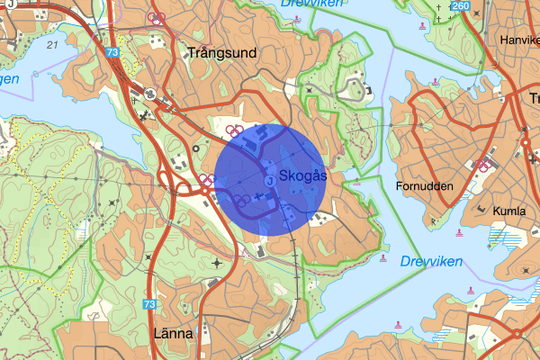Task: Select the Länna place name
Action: [x=174, y=334]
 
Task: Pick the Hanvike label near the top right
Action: [x=519, y=40]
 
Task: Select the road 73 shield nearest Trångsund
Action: [x=112, y=53]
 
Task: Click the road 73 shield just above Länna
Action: [x=149, y=306]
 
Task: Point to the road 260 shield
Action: [x=462, y=7]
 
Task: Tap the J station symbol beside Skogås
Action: [x=270, y=180]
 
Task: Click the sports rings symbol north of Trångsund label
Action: [x=157, y=19]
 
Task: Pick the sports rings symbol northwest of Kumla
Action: [x=484, y=166]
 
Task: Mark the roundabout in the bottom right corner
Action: [x=517, y=335]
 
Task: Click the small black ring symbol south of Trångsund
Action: [x=196, y=148]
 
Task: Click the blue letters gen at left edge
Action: [x=9, y=79]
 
